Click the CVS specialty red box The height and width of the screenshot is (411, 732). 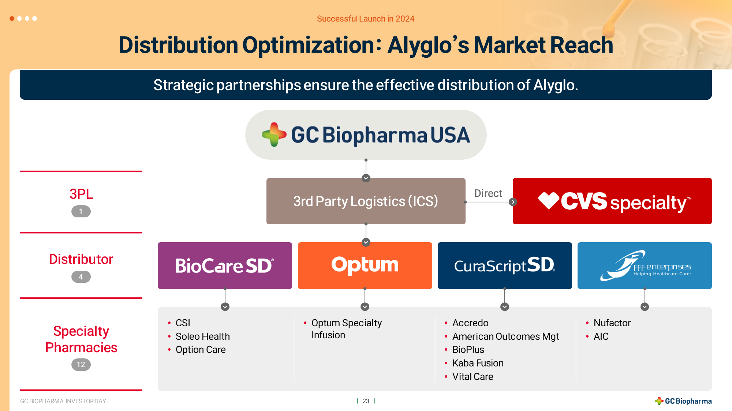612,201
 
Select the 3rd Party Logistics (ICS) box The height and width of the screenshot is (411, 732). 366,201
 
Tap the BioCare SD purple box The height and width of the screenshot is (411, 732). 225,266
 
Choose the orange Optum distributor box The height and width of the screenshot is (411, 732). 365,266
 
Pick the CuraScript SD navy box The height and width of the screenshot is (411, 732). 505,266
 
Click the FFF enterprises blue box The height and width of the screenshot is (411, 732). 645,266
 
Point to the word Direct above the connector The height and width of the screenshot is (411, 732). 488,193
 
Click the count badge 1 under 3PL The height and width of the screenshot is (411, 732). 81,212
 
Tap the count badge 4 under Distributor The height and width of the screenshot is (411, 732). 81,277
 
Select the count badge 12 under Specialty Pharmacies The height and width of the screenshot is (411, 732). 81,365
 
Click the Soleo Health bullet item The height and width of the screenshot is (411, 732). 203,336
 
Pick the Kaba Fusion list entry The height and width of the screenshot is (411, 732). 478,363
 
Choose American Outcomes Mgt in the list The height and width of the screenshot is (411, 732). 506,336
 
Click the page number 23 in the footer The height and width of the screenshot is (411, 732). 366,401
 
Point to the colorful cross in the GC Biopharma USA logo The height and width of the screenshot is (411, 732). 274,134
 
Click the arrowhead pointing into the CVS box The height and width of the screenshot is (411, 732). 513,202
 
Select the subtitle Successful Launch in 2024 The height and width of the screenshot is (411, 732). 366,19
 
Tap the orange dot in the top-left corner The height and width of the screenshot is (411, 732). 12,18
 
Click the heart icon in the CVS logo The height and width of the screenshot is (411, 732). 549,201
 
